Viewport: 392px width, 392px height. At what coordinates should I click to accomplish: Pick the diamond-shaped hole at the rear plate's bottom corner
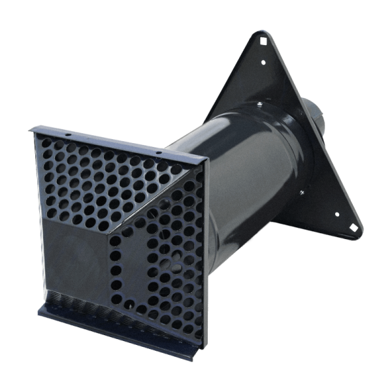[353, 228]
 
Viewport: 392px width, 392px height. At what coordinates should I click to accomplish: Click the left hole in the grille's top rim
[68, 135]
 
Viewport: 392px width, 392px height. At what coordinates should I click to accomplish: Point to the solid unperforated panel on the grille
[78, 255]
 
